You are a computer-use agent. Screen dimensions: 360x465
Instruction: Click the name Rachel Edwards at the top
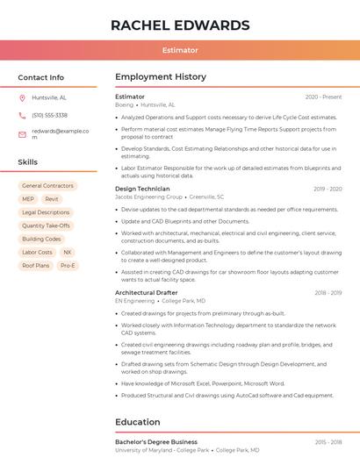pyautogui.click(x=180, y=25)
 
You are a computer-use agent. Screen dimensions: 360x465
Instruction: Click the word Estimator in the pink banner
pyautogui.click(x=180, y=50)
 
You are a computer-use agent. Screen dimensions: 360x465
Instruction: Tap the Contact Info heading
pyautogui.click(x=41, y=77)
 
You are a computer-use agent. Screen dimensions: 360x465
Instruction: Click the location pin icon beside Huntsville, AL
pyautogui.click(x=22, y=97)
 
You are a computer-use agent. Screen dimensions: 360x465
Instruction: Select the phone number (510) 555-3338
pyautogui.click(x=49, y=115)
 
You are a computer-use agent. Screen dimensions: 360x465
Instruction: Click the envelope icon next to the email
pyautogui.click(x=22, y=133)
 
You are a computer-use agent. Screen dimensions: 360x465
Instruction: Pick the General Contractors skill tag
pyautogui.click(x=47, y=186)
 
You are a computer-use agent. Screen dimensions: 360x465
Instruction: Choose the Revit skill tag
pyautogui.click(x=52, y=199)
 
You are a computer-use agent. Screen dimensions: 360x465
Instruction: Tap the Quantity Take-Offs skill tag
pyautogui.click(x=46, y=225)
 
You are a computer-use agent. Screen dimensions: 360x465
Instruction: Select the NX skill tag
pyautogui.click(x=67, y=252)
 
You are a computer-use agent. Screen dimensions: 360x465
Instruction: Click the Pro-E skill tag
pyautogui.click(x=68, y=265)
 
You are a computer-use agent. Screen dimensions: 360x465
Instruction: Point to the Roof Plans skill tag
pyautogui.click(x=36, y=265)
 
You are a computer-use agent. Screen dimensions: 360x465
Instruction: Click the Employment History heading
pyautogui.click(x=160, y=77)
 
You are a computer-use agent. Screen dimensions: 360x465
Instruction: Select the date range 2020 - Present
pyautogui.click(x=323, y=97)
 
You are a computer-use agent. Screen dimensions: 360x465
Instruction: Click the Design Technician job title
pyautogui.click(x=142, y=189)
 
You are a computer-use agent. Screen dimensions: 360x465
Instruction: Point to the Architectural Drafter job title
pyautogui.click(x=147, y=292)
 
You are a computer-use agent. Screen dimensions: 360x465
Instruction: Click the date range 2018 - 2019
pyautogui.click(x=328, y=292)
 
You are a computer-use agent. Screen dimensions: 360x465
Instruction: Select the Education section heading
pyautogui.click(x=137, y=421)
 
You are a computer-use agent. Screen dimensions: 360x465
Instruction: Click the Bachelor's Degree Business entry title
pyautogui.click(x=156, y=441)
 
